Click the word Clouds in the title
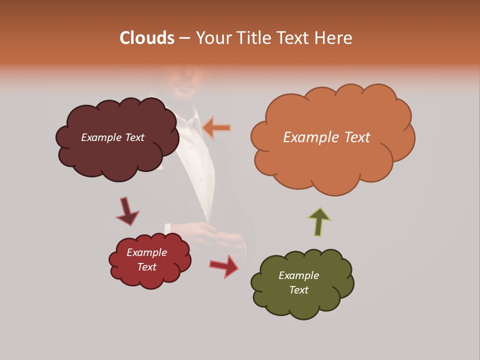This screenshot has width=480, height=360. coord(147,38)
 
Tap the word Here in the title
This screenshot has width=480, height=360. coord(333,38)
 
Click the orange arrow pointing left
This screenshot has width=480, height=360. coord(216,127)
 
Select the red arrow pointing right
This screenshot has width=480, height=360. coord(224,266)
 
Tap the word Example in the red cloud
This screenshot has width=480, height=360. coord(146,252)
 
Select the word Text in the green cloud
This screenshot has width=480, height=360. coord(298,290)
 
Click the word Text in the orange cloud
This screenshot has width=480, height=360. coord(356,137)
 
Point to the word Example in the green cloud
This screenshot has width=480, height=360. coord(298,275)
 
